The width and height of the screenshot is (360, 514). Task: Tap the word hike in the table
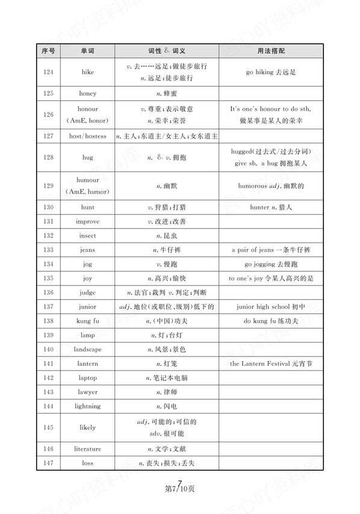click(87, 72)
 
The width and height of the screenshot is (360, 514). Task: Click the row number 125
click(49, 94)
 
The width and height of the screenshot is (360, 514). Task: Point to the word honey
click(87, 94)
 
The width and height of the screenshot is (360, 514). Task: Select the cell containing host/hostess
click(87, 137)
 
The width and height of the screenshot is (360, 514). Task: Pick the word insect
click(87, 235)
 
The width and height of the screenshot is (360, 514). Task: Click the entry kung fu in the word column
click(87, 321)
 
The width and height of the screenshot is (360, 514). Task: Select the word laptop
click(87, 377)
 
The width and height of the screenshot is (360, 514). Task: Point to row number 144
click(49, 406)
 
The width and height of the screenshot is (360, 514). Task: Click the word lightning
click(87, 406)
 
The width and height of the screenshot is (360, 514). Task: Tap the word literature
click(87, 448)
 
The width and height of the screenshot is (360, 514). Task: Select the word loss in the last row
click(87, 463)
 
